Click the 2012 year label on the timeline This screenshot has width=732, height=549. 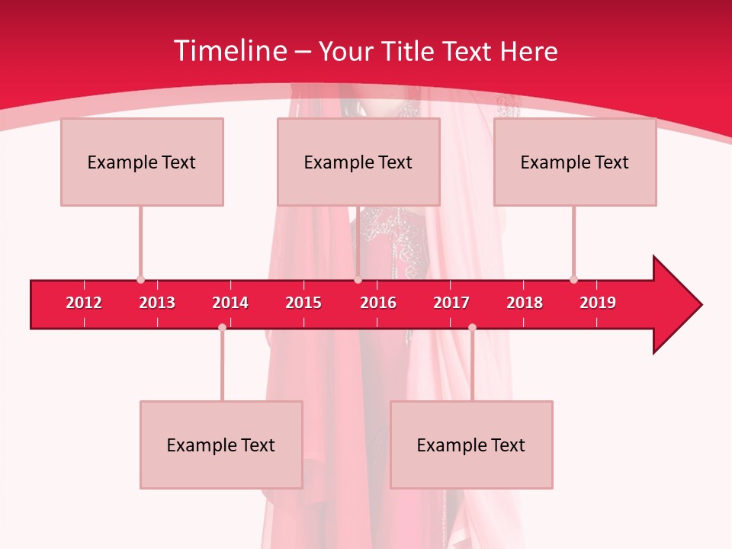pyautogui.click(x=84, y=303)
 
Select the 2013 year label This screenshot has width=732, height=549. pyautogui.click(x=157, y=303)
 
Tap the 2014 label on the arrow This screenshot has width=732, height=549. pyautogui.click(x=230, y=303)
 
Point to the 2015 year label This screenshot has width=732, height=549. pyautogui.click(x=303, y=303)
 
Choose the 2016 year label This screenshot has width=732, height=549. pyautogui.click(x=378, y=303)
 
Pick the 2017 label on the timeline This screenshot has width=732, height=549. pyautogui.click(x=451, y=303)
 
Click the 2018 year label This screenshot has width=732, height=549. pyautogui.click(x=525, y=303)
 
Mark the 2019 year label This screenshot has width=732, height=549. pyautogui.click(x=598, y=303)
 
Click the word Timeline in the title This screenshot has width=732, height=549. pyautogui.click(x=230, y=51)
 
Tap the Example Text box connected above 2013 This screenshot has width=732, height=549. pyautogui.click(x=142, y=162)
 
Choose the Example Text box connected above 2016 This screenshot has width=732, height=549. pyautogui.click(x=358, y=162)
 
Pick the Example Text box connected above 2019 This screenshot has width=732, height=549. pyautogui.click(x=575, y=162)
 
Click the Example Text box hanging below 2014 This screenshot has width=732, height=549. pyautogui.click(x=221, y=445)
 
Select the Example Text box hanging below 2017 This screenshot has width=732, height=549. pyautogui.click(x=471, y=445)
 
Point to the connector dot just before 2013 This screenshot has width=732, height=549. pyautogui.click(x=140, y=280)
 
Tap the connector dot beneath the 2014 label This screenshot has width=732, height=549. pyautogui.click(x=222, y=327)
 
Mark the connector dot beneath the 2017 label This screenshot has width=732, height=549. pyautogui.click(x=472, y=327)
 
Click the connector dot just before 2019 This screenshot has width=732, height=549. pyautogui.click(x=573, y=280)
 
